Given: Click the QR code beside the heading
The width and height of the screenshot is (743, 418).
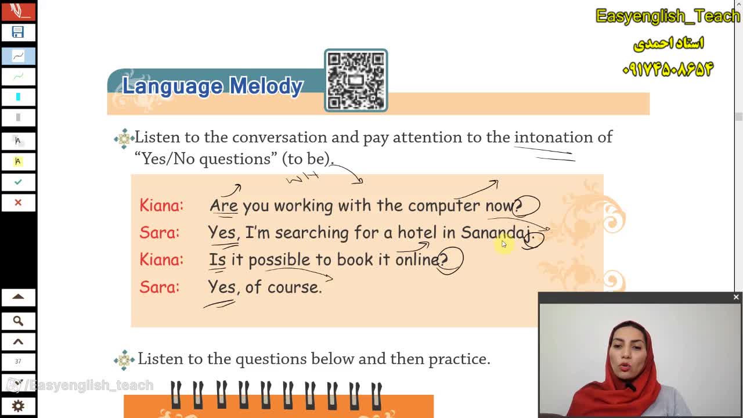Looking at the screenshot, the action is tap(356, 80).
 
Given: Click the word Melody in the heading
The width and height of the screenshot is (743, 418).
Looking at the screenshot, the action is tap(266, 87).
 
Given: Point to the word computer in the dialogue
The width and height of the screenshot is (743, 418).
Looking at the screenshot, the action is tap(444, 206).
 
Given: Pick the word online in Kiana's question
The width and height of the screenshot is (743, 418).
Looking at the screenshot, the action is tap(417, 259).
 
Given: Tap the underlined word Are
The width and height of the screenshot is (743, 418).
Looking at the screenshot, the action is tap(224, 206).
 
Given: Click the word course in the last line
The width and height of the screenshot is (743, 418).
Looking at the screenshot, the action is tap(294, 287).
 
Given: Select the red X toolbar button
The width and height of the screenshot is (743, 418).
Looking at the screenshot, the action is tap(18, 203).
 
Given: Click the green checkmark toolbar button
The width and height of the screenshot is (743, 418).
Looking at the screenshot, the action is tap(18, 182).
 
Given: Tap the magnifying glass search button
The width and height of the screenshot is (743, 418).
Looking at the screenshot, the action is tap(18, 321).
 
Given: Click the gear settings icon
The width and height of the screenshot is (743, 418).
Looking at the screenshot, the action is tap(18, 406).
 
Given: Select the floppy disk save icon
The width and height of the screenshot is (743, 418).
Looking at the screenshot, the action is tap(18, 32).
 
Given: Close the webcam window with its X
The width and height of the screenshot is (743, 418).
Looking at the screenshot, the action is tap(736, 297).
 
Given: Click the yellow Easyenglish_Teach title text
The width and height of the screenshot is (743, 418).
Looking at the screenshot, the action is tap(668, 16).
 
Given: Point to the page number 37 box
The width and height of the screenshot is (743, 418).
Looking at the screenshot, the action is tap(18, 361).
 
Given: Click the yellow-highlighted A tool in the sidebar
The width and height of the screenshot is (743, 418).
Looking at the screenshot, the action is tap(18, 161).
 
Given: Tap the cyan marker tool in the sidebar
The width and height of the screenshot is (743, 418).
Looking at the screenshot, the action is tap(18, 97).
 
